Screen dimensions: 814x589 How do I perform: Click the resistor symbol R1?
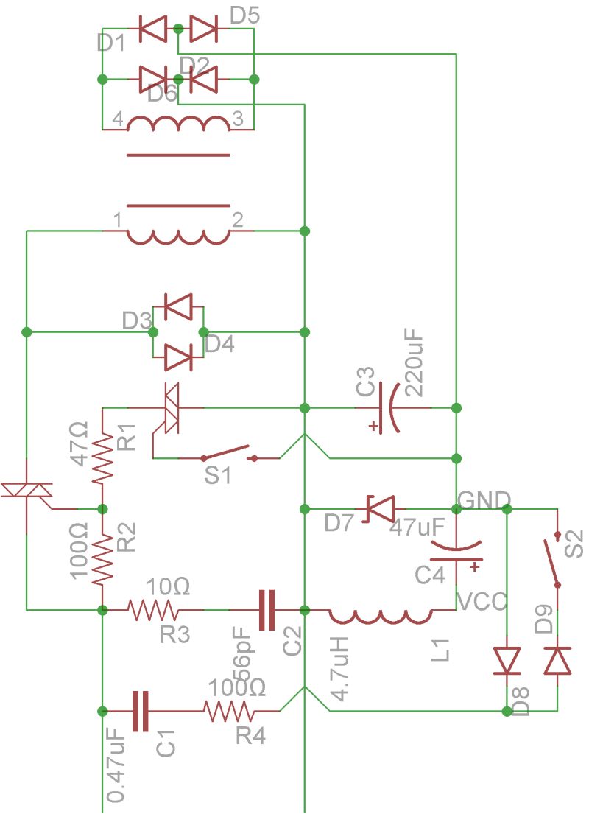point(103,457)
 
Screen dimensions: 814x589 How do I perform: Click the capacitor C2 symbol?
point(266,609)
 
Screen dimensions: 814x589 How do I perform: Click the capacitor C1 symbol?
point(140,711)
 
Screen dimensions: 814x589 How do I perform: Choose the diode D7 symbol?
point(381,508)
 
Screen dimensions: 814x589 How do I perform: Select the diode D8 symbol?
point(507,661)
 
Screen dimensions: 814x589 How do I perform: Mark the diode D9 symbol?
point(557,661)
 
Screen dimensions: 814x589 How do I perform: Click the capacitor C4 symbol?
point(456,552)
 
